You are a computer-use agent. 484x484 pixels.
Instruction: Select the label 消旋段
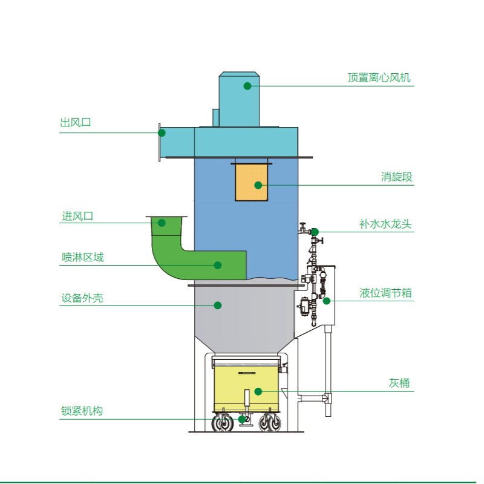click(396, 177)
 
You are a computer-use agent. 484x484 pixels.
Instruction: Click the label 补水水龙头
click(385, 224)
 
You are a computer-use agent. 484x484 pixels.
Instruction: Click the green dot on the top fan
click(247, 86)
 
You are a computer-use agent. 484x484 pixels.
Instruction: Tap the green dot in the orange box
click(258, 185)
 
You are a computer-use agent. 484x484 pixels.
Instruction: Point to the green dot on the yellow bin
click(258, 391)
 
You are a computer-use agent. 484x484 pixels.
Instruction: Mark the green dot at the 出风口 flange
click(162, 132)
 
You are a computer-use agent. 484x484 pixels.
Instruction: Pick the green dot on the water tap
click(315, 232)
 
